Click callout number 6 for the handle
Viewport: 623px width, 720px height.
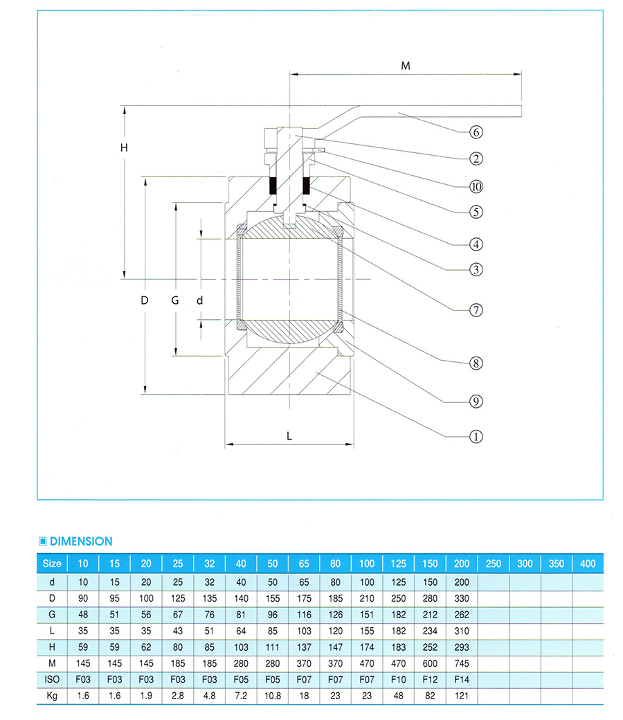click(x=476, y=132)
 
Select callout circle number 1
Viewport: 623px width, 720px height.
click(x=476, y=437)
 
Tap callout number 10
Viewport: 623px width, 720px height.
click(x=476, y=186)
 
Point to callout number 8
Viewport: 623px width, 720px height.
click(x=476, y=363)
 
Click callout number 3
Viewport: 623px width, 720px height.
click(x=476, y=270)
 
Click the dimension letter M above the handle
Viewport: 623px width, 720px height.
click(x=406, y=66)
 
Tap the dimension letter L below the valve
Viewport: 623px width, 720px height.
click(x=289, y=436)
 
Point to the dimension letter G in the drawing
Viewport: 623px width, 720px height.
click(x=175, y=300)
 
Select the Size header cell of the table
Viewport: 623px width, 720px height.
click(x=52, y=564)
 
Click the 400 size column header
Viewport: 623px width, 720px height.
click(x=587, y=564)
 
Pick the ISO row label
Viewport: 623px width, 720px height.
click(x=52, y=680)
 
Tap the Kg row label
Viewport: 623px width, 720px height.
click(x=52, y=696)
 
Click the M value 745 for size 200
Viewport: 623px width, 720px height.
click(x=461, y=664)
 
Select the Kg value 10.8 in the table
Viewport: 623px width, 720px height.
click(x=272, y=696)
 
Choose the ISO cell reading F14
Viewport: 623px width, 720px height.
click(x=461, y=680)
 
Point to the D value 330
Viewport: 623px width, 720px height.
click(x=461, y=597)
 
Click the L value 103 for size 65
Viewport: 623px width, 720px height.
click(x=304, y=631)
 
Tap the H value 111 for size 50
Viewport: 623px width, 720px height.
click(x=272, y=647)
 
